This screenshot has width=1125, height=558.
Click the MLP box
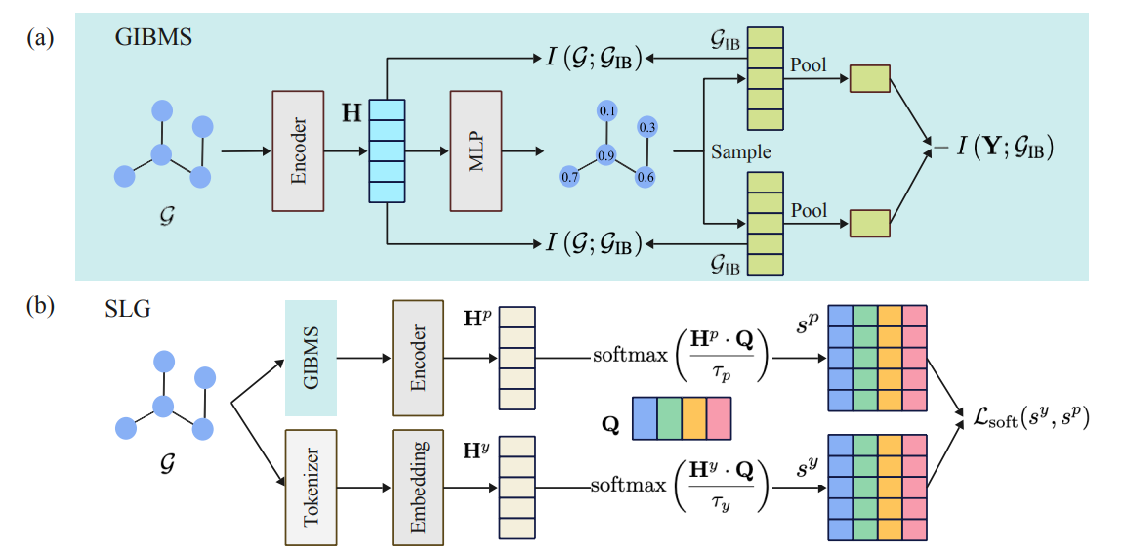(476, 150)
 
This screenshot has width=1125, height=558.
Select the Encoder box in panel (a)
(299, 150)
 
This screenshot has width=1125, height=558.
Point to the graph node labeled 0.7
(569, 176)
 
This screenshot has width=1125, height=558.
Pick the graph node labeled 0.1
(607, 111)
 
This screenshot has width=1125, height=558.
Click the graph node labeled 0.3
(646, 127)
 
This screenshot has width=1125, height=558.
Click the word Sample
(741, 152)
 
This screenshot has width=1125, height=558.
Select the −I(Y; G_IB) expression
(990, 150)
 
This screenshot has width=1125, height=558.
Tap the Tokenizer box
(311, 486)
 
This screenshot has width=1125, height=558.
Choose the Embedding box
(419, 486)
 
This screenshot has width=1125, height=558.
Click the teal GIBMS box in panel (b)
(311, 357)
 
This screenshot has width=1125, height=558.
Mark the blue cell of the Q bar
(645, 416)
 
